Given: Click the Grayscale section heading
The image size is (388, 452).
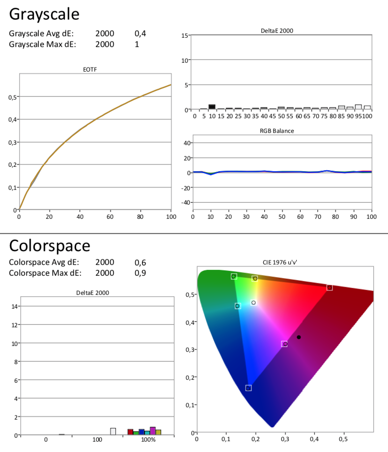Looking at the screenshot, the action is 44,14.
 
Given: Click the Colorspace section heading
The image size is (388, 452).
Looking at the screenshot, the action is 50,246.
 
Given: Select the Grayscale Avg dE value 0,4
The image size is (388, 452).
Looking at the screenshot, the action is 140,34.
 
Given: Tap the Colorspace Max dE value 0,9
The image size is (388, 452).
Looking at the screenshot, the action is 140,273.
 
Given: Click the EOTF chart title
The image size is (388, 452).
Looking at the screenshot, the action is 90,70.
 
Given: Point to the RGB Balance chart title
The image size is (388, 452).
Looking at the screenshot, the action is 277,131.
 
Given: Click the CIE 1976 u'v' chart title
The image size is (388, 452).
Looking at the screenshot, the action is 280,263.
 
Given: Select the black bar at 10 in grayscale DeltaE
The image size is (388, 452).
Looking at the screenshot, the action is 212,107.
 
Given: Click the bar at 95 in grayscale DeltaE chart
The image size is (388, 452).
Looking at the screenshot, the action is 359,107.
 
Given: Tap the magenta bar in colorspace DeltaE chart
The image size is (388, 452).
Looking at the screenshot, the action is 153,431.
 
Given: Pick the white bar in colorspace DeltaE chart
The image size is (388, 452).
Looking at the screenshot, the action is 113,431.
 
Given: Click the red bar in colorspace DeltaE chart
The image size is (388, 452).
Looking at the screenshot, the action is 130,432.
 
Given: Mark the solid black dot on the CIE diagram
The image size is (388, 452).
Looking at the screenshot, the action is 299,337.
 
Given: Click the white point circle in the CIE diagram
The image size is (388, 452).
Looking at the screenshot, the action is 253,303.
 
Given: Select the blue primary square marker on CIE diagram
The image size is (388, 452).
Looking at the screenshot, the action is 249,388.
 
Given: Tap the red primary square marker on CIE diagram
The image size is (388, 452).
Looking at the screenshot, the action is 330,288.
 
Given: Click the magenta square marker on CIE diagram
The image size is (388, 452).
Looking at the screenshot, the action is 284,344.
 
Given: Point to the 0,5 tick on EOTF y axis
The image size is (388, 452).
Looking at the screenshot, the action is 12,97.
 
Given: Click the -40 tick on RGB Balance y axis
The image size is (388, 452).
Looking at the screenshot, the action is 186,203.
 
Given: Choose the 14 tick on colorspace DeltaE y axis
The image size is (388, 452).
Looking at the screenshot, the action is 14,306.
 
